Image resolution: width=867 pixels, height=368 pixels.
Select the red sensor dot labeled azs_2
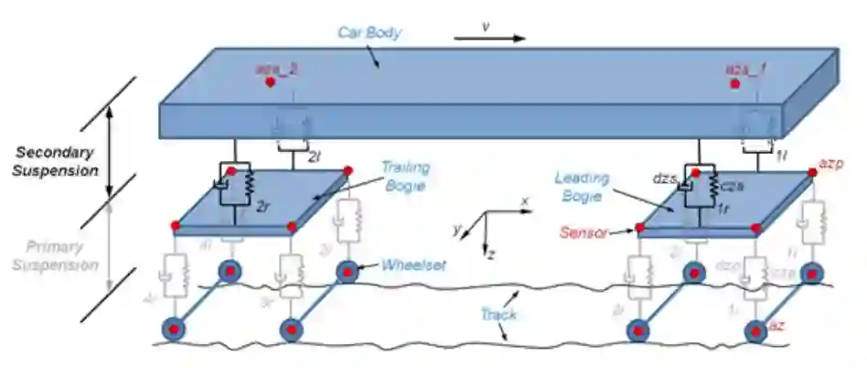click(x=270, y=82)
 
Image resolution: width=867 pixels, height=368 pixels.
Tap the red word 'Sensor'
click(x=583, y=233)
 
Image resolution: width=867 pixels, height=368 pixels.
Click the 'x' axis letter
click(x=524, y=200)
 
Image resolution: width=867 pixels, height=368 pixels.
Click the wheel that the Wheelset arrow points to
click(x=347, y=272)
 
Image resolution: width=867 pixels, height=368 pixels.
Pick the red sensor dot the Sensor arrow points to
click(x=637, y=225)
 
